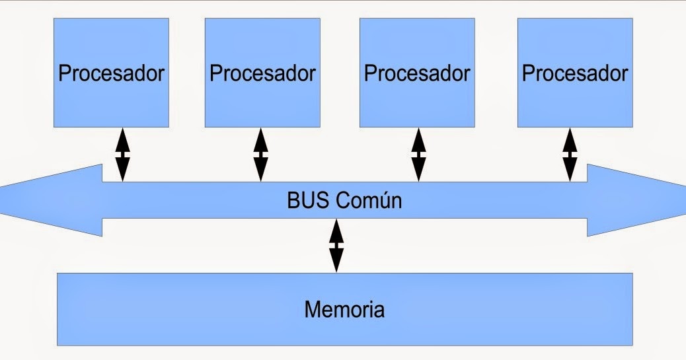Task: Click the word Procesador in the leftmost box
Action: click(111, 73)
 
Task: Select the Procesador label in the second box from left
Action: click(262, 73)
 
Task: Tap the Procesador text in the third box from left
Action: click(417, 73)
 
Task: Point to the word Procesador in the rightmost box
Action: click(575, 73)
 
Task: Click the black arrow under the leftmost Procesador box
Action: click(123, 155)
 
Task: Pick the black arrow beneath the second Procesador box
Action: click(261, 155)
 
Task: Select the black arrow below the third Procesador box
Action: click(418, 155)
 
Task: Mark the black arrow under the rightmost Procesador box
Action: click(570, 155)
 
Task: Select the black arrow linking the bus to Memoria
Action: click(336, 245)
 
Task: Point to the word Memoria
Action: click(344, 308)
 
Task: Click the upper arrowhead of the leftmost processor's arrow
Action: click(123, 139)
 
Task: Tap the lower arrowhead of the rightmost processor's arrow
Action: click(570, 172)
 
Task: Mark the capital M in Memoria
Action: click(313, 308)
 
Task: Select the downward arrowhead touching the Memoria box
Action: click(336, 262)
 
